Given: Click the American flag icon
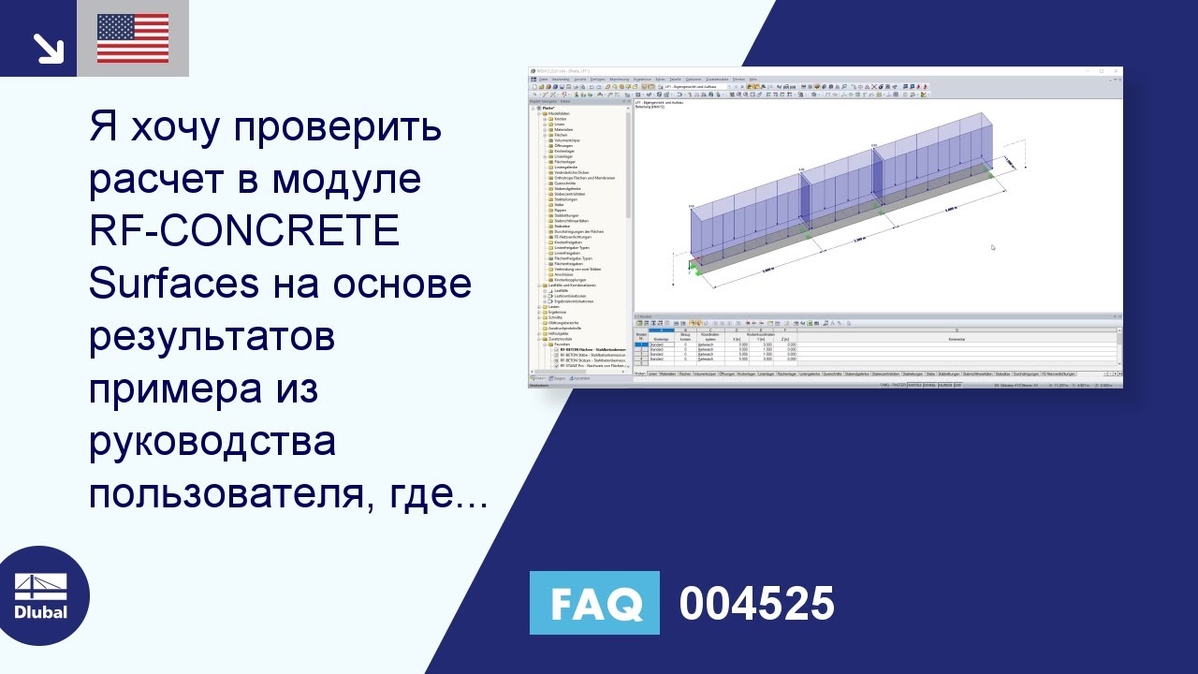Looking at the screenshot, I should tap(133, 38).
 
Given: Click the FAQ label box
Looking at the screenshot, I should tap(594, 603).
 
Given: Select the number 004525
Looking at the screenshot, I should tap(756, 604).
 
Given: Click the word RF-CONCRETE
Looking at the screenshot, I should tap(244, 232).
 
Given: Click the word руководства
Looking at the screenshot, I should tap(212, 440).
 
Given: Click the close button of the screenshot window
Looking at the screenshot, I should tap(1118, 70).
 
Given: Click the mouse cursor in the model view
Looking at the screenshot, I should tap(992, 247).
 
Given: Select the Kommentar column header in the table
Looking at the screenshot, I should tap(956, 339).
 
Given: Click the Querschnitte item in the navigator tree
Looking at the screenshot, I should tap(564, 183).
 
